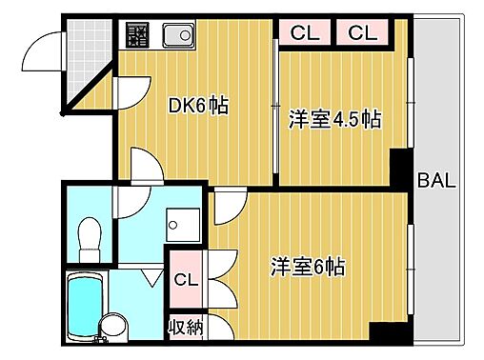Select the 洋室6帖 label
point(307,267)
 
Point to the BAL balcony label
point(436,179)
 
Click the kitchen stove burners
point(138,36)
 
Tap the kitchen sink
point(177,35)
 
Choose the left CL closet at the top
point(305,33)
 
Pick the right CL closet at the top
point(362,33)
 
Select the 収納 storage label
point(186,328)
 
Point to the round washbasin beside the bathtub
point(113,328)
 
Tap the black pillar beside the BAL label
point(402,162)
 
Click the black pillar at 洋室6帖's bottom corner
point(384,336)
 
